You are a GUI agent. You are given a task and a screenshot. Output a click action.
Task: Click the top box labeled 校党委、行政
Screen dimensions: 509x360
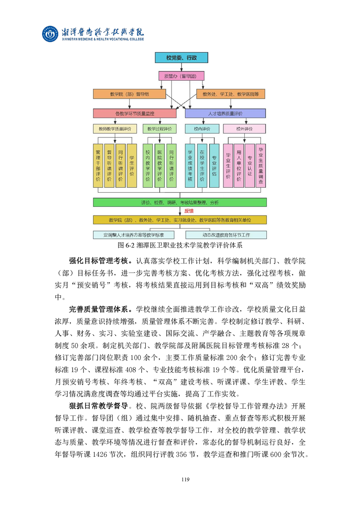pyautogui.click(x=181, y=58)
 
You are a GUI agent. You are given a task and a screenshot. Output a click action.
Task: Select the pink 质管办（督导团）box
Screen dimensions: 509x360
pyautogui.click(x=181, y=76)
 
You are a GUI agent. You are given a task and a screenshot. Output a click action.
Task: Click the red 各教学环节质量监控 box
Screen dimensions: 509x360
pyautogui.click(x=134, y=113)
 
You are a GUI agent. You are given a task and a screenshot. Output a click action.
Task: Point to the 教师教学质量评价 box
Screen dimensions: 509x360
pyautogui.click(x=115, y=129)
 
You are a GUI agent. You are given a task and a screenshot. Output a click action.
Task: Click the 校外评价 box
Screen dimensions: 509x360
pyautogui.click(x=244, y=129)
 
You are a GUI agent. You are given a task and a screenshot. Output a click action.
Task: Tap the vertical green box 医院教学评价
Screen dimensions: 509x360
pyautogui.click(x=159, y=166)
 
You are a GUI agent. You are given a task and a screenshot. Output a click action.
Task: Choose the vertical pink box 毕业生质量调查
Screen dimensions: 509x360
pyautogui.click(x=261, y=166)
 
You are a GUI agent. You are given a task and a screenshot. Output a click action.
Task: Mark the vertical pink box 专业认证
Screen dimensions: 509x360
pyautogui.click(x=250, y=166)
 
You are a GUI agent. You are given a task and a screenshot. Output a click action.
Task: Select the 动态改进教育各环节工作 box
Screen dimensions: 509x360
pyautogui.click(x=226, y=235)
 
